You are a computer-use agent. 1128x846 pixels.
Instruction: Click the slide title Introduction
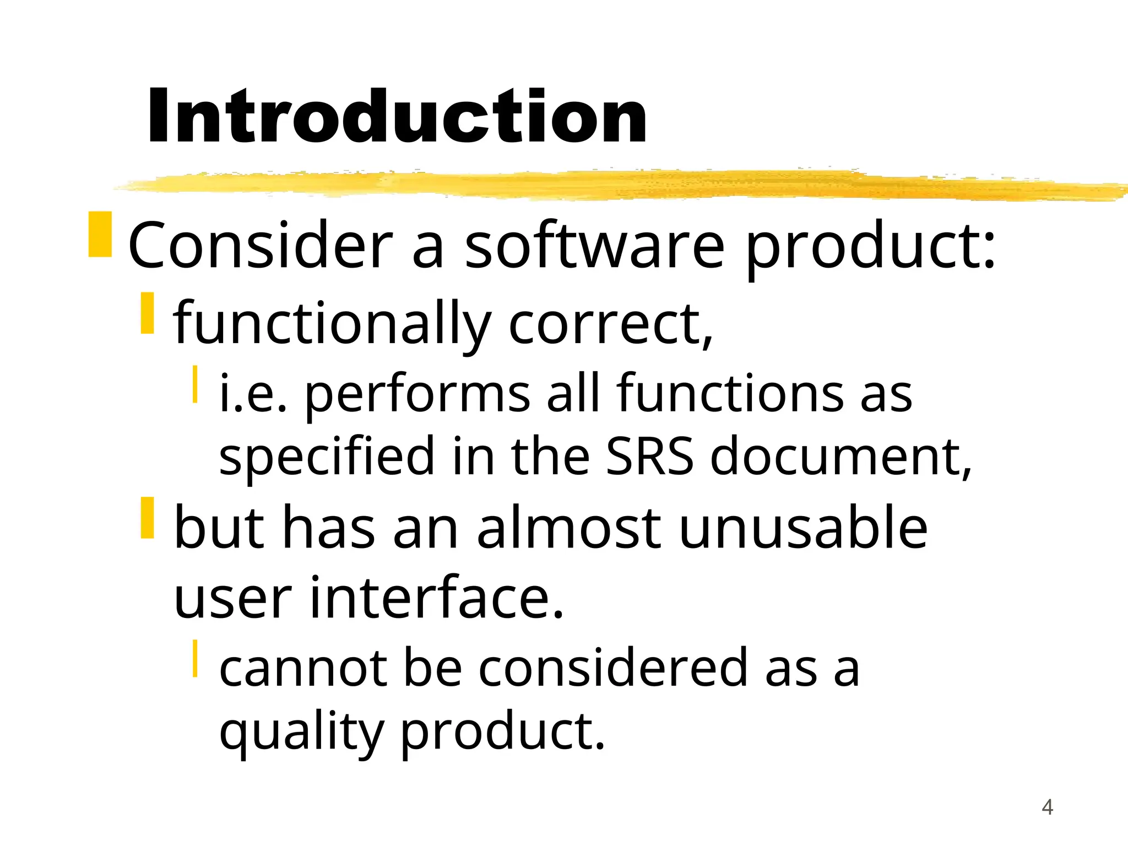(397, 117)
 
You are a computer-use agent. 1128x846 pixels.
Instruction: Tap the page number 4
(1047, 807)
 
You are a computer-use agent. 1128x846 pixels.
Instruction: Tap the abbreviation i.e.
(253, 393)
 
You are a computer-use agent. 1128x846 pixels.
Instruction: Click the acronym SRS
(649, 456)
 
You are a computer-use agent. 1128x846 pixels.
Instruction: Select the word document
(840, 456)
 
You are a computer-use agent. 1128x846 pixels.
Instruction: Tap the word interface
(437, 597)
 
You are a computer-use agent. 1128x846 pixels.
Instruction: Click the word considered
(612, 668)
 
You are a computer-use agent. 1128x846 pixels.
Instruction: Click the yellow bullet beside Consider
(100, 234)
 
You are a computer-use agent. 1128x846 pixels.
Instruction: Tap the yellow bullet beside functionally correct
(147, 313)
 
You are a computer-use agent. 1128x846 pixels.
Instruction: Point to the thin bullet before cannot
(195, 658)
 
